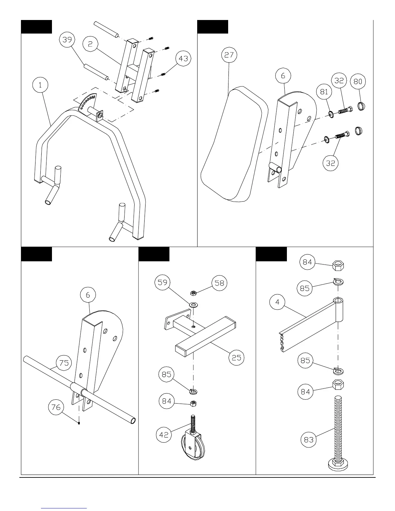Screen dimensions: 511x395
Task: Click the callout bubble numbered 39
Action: pos(67,40)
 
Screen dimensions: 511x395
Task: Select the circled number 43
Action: pos(183,58)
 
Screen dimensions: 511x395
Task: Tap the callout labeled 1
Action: pos(40,85)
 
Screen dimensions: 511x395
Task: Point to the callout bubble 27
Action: pos(229,55)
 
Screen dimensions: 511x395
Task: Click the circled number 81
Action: pos(324,92)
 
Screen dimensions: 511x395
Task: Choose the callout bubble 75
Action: pos(64,363)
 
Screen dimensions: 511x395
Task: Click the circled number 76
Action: pos(56,407)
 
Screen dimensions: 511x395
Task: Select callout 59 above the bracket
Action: pos(162,283)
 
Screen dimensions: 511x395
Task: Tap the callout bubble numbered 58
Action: pos(219,283)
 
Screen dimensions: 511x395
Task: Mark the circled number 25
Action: pos(237,357)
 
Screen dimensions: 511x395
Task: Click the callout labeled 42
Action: pos(164,435)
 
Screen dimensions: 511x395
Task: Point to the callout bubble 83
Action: pos(309,439)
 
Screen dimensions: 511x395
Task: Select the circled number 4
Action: pos(278,302)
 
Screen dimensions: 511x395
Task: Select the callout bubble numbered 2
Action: pos(90,44)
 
